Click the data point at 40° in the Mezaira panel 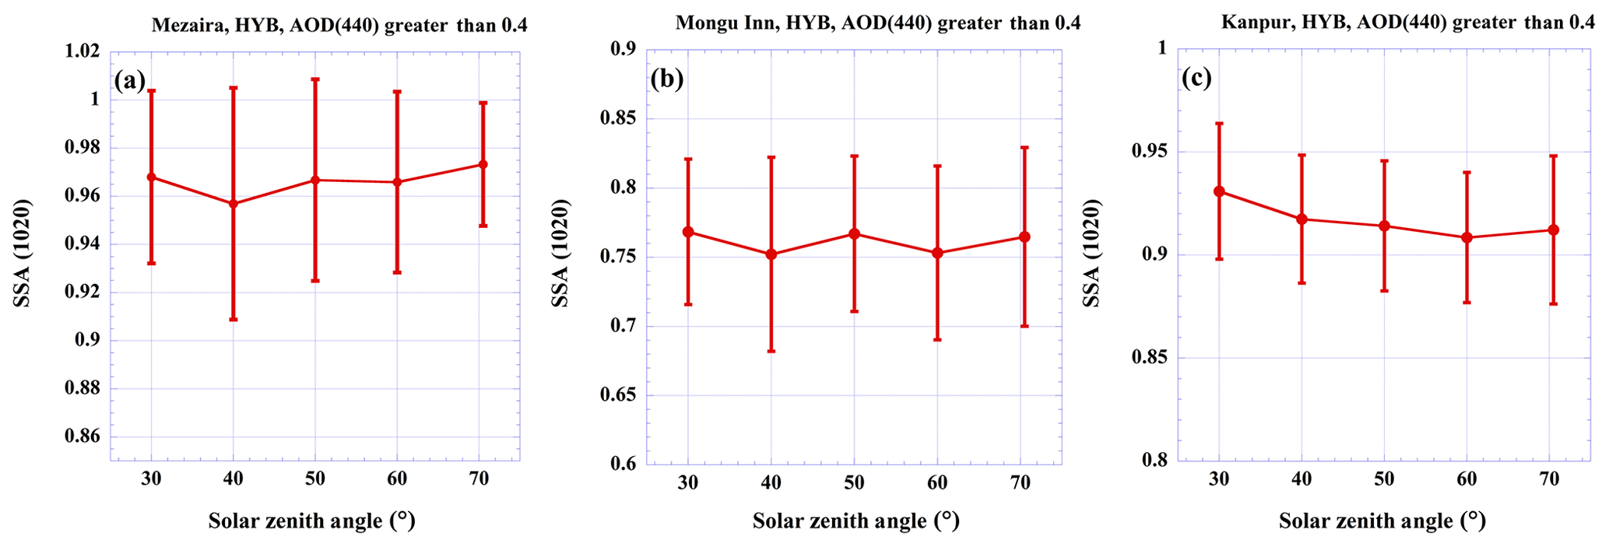click(233, 204)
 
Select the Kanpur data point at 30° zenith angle click(1219, 191)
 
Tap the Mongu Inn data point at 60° click(937, 253)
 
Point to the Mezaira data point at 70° click(483, 164)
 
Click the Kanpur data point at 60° click(1467, 237)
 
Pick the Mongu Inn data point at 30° click(688, 232)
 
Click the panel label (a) click(129, 81)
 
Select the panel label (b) click(667, 79)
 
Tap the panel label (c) click(1196, 79)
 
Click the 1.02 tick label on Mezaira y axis click(83, 51)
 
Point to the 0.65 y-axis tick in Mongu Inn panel click(618, 395)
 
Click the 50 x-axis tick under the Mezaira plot click(314, 479)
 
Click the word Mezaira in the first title click(185, 26)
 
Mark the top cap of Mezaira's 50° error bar click(314, 79)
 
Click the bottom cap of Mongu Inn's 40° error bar click(771, 352)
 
